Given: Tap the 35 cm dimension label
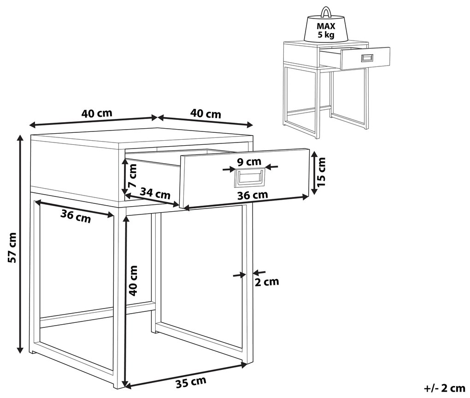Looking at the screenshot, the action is click(191, 382).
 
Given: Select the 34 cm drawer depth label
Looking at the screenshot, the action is click(155, 193).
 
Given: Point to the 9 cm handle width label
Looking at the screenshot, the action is click(249, 162).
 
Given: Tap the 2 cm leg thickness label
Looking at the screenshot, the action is click(267, 282).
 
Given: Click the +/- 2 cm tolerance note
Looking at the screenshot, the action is click(445, 388).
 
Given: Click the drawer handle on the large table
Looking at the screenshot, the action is click(250, 178).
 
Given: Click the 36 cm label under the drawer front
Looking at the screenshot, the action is click(253, 195).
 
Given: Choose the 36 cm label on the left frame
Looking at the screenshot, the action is click(76, 216).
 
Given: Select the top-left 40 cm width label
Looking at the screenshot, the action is click(96, 113).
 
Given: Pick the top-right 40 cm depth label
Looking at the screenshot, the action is click(206, 114).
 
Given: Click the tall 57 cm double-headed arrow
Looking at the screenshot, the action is click(20, 244).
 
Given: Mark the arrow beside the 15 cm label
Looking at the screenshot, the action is click(313, 173).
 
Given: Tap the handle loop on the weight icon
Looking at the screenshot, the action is click(325, 12).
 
